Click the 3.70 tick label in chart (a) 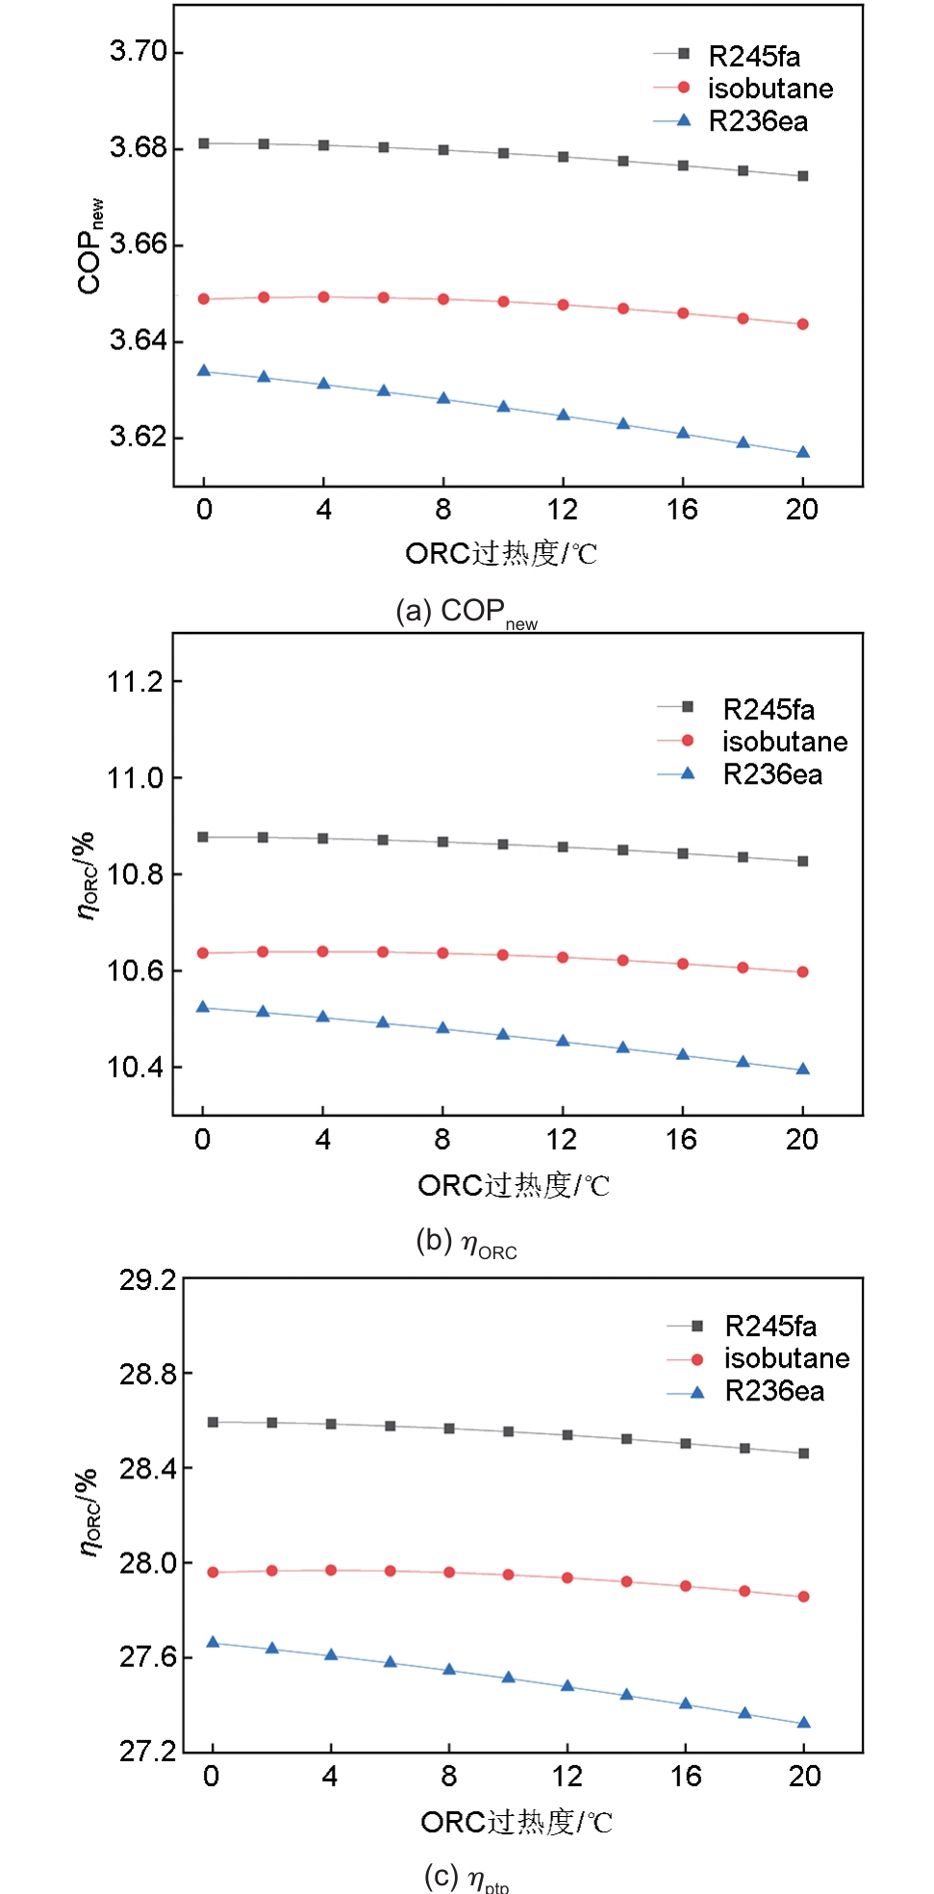[x=138, y=51]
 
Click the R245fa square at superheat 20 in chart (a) [x=803, y=176]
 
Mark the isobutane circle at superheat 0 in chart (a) [x=204, y=299]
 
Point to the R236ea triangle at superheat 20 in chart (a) [x=803, y=452]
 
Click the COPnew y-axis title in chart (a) [x=89, y=246]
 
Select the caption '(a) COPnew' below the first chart [x=467, y=612]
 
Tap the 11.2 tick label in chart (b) [x=135, y=682]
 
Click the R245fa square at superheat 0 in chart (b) [x=203, y=837]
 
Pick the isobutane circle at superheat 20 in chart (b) [x=803, y=972]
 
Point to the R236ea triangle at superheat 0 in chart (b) [x=203, y=1007]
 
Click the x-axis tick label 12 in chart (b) [x=562, y=1140]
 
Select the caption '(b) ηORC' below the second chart [x=467, y=1243]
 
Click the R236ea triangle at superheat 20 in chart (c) [x=804, y=1723]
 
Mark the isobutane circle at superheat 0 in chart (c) [x=213, y=1572]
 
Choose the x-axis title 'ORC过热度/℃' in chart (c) [x=517, y=1822]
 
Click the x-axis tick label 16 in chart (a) [x=682, y=510]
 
